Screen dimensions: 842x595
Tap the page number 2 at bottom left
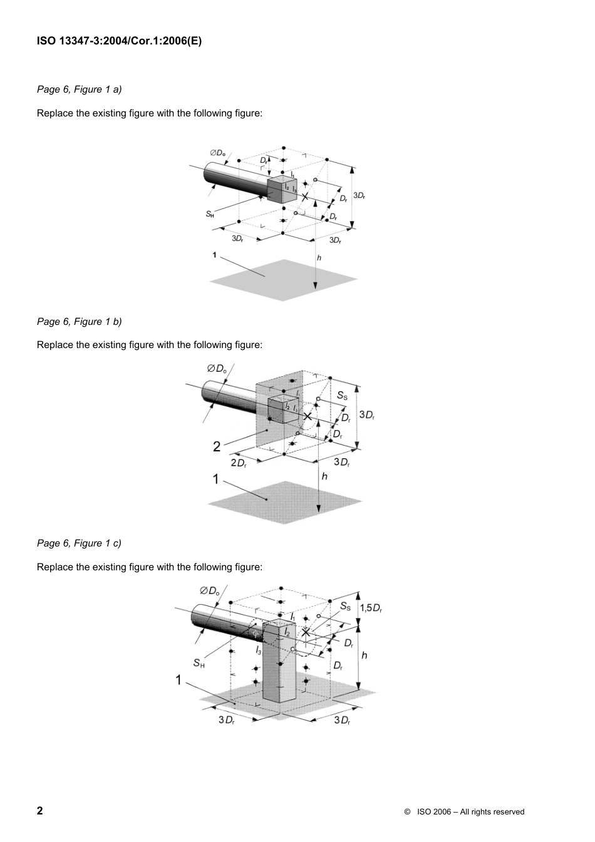[40, 811]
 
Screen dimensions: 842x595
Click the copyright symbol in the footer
[407, 812]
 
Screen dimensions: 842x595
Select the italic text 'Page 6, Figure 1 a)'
[79, 90]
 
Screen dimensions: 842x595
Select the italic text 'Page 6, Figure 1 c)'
[79, 543]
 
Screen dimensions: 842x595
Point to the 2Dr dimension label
[239, 463]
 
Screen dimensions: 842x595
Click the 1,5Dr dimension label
[371, 608]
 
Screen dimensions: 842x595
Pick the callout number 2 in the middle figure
[216, 446]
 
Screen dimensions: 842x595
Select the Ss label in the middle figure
[342, 395]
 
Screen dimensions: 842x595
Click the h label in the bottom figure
[364, 655]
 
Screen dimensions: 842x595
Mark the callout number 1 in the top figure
[214, 255]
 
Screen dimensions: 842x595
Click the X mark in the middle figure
[308, 416]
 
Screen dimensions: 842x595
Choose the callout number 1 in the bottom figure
[178, 680]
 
